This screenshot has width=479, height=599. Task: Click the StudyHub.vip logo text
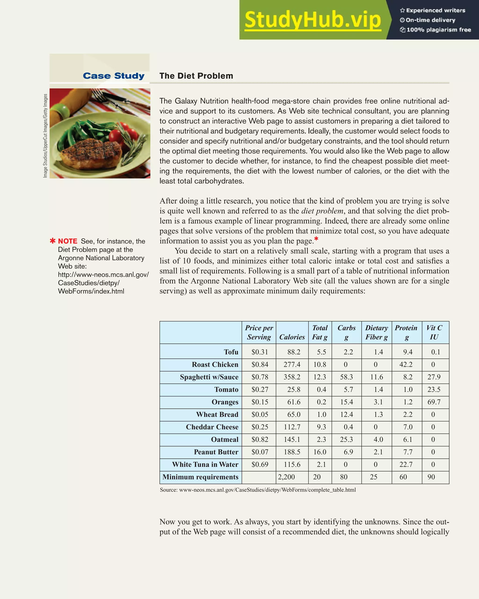[312, 20]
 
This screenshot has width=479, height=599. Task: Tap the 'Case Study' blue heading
[114, 76]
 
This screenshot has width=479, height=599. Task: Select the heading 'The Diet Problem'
[196, 76]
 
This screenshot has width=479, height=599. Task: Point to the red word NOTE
[68, 241]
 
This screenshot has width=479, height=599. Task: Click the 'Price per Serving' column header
[259, 332]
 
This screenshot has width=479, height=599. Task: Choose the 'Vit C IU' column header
[434, 332]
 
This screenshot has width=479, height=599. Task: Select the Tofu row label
[231, 352]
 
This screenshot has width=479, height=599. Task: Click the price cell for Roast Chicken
[260, 364]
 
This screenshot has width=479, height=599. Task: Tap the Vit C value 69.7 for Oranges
[434, 402]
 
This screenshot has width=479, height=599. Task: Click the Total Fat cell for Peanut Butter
[320, 452]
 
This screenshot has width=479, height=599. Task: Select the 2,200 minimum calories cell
[287, 477]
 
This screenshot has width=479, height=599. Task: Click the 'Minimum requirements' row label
[200, 477]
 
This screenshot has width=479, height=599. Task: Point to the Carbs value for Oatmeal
[346, 439]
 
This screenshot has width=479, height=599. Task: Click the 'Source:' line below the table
[258, 490]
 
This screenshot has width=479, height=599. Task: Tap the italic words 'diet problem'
[322, 211]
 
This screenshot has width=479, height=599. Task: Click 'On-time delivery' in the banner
[430, 20]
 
